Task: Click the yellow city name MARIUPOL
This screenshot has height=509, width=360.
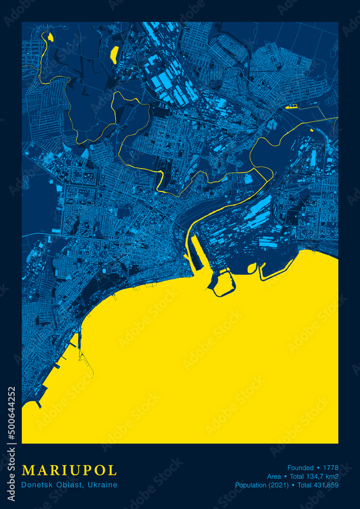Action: tap(69, 470)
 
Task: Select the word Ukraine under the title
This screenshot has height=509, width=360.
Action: tap(103, 485)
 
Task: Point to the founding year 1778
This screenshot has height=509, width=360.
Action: tap(330, 468)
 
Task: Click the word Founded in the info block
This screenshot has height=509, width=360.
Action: tap(300, 468)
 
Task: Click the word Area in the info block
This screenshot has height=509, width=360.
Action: tap(274, 476)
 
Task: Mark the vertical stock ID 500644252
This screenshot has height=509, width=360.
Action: tap(12, 412)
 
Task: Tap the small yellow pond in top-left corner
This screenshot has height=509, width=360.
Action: tap(50, 37)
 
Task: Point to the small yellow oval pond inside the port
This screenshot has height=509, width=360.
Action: tap(252, 268)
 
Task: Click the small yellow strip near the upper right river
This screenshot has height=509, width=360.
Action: tap(291, 106)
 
